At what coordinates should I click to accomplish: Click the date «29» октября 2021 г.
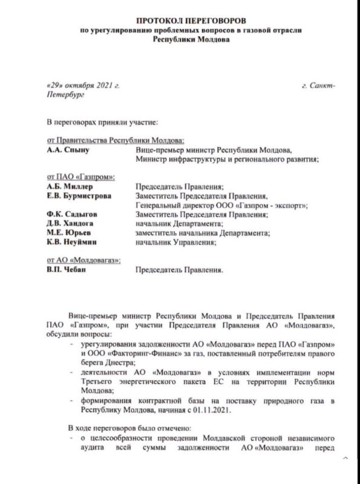pyautogui.click(x=83, y=86)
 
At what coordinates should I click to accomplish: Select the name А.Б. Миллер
pyautogui.click(x=70, y=187)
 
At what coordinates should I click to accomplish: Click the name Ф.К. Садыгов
pyautogui.click(x=71, y=215)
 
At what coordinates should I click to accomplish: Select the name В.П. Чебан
pyautogui.click(x=67, y=270)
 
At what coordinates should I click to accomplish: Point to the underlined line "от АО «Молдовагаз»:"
pyautogui.click(x=83, y=260)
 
